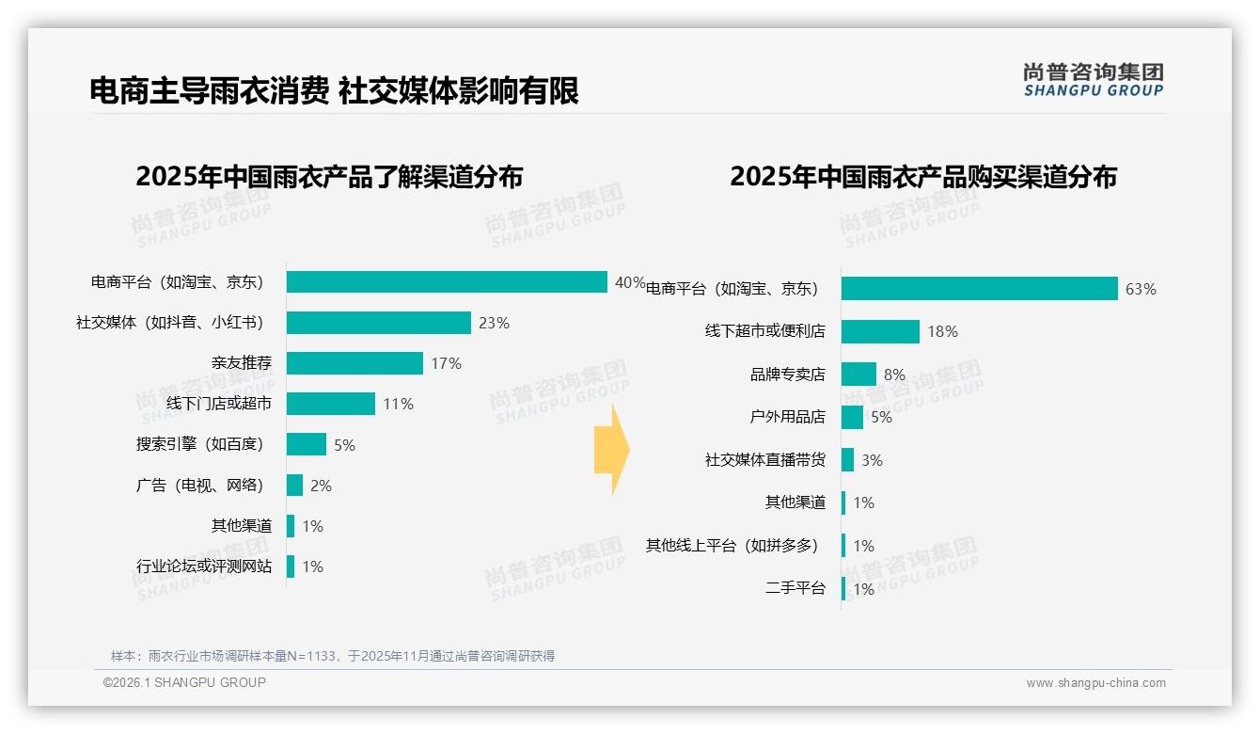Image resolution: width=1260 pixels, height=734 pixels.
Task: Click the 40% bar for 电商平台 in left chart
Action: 447,282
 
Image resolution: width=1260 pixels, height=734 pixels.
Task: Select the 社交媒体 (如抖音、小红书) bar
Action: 378,323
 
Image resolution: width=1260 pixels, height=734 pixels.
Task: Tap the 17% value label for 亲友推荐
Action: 446,363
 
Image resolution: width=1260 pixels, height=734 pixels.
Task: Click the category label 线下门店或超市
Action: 219,404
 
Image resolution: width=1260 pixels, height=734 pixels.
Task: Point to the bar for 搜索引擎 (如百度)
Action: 307,444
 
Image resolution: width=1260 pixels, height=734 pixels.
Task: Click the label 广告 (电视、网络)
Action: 199,486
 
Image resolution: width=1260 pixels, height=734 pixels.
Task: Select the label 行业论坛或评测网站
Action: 204,566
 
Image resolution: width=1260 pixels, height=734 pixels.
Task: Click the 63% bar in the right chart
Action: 979,289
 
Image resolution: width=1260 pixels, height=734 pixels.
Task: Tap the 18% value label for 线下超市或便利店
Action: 942,331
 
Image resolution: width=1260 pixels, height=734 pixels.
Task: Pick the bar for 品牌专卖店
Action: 858,375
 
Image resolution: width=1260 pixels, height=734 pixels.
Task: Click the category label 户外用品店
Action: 787,417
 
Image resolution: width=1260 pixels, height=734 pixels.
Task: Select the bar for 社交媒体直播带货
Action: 847,460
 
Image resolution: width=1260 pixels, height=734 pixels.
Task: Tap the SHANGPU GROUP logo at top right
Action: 1093,80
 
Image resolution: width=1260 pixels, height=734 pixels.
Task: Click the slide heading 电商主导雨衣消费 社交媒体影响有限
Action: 334,90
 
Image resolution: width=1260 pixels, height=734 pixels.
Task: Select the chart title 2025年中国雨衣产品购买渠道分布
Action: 922,177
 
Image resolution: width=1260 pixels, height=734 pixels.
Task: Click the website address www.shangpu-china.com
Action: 1095,683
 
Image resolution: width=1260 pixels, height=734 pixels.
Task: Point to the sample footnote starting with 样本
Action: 333,656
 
